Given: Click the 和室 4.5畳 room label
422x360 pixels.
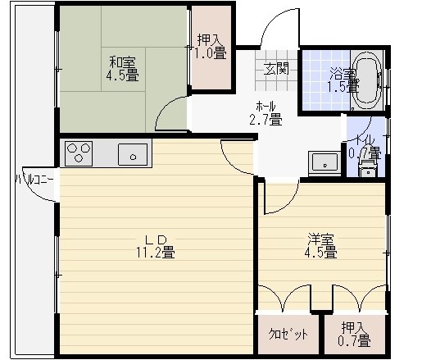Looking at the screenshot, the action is pyautogui.click(x=122, y=69).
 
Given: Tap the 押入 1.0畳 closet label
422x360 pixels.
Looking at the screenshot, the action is pyautogui.click(x=210, y=47).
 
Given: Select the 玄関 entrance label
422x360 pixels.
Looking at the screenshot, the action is pyautogui.click(x=276, y=68).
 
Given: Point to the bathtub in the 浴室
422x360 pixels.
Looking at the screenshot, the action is pyautogui.click(x=366, y=80).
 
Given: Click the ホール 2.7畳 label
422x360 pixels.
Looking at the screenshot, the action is pyautogui.click(x=265, y=113).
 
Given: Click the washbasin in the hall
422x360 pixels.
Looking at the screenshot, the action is pyautogui.click(x=324, y=163).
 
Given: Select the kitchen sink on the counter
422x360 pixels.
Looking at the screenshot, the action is pyautogui.click(x=133, y=154).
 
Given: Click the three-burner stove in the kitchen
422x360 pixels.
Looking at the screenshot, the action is pyautogui.click(x=79, y=153).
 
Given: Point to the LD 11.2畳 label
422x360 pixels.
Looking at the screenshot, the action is pyautogui.click(x=156, y=247).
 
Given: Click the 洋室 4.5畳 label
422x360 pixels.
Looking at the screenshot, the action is pyautogui.click(x=320, y=246).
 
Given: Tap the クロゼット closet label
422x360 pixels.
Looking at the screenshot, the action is pyautogui.click(x=288, y=334).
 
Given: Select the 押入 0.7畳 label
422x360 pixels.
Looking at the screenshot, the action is pyautogui.click(x=354, y=334).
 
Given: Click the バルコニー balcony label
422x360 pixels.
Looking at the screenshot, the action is pyautogui.click(x=34, y=180).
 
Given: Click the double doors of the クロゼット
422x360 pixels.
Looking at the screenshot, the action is pyautogui.click(x=284, y=298).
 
